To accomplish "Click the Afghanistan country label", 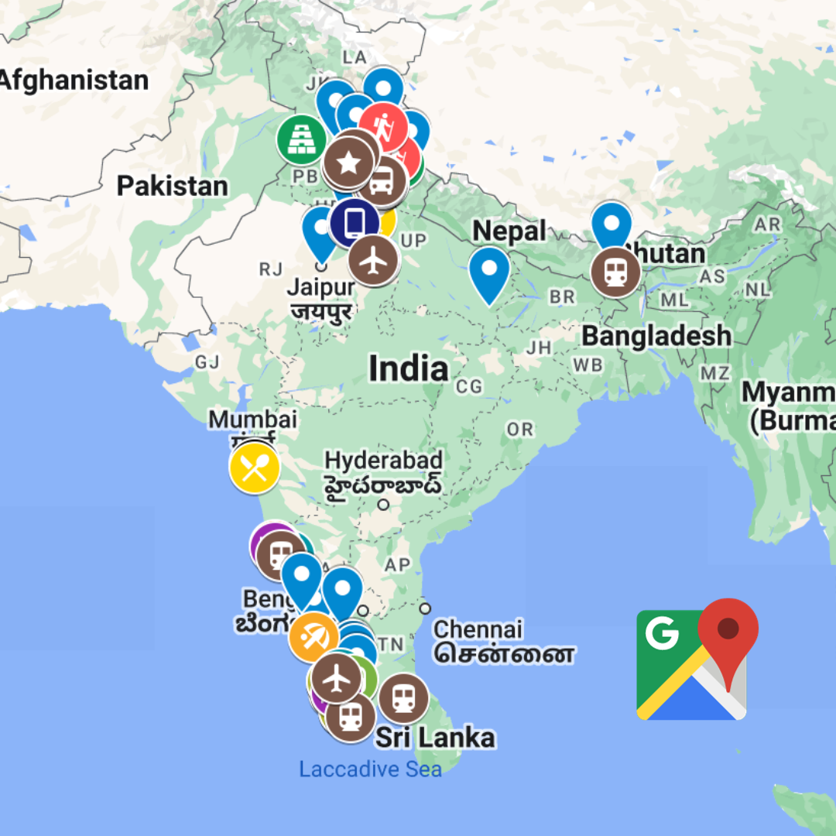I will tap(74, 80).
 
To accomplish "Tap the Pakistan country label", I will tap(172, 186).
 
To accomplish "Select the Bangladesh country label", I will tap(656, 336).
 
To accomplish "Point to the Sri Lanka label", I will tap(435, 738).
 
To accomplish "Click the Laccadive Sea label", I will tap(370, 769).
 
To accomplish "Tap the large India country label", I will tap(408, 369).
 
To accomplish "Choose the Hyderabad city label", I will tap(383, 459).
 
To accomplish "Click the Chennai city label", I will tap(478, 629).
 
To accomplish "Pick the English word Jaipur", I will tap(321, 287).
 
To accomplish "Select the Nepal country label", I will tap(509, 231).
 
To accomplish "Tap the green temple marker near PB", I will tap(302, 139).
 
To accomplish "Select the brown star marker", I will tap(348, 163).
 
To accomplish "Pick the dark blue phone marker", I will tap(354, 223).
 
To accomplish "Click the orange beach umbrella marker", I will tap(313, 637).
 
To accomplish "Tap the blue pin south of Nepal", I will tap(489, 271).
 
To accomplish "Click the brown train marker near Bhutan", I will tap(615, 272).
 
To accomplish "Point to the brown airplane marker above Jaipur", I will tap(373, 260).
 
